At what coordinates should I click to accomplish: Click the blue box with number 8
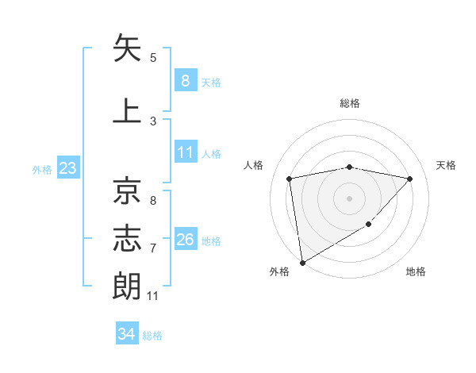(185, 80)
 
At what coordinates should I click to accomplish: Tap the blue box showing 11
(185, 152)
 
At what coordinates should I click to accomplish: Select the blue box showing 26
(185, 240)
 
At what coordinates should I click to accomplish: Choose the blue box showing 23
(67, 168)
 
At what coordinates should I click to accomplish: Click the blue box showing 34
(126, 334)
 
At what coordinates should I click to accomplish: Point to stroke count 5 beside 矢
(153, 58)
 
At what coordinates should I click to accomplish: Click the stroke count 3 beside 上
(153, 121)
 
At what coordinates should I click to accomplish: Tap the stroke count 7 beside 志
(153, 248)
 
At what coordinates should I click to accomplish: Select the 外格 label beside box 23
(42, 169)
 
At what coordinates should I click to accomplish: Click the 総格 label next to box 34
(152, 336)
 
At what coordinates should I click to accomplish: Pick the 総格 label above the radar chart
(349, 103)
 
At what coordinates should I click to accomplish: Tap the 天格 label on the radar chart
(447, 165)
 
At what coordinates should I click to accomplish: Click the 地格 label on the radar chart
(416, 271)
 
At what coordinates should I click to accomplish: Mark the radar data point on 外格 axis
(301, 262)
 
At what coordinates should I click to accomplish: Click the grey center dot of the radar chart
(349, 198)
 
